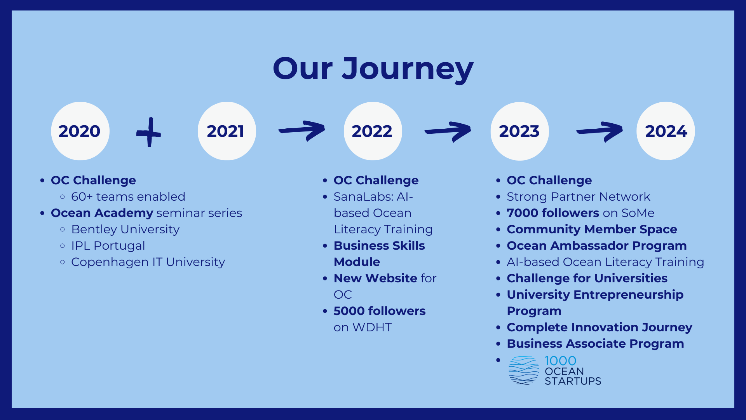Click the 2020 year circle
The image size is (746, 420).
point(80,131)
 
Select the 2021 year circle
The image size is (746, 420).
point(227,131)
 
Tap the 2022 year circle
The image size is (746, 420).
point(373,131)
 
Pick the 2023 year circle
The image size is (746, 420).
point(519,131)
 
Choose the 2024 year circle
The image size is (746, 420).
point(666,131)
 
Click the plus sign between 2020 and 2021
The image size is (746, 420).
point(149,133)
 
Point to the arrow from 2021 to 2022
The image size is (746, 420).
point(302,131)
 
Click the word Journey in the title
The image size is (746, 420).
point(408,69)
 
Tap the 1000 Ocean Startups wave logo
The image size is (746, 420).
point(524,370)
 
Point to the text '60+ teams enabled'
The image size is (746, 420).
point(128,197)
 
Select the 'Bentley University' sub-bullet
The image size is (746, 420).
point(125,229)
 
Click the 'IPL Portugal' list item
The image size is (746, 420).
point(108,246)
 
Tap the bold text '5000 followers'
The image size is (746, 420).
point(380,311)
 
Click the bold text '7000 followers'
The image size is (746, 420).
point(553,213)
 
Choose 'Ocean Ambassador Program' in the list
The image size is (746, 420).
point(597,246)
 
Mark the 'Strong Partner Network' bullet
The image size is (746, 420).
point(579,197)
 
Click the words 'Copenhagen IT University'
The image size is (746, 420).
point(148,262)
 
